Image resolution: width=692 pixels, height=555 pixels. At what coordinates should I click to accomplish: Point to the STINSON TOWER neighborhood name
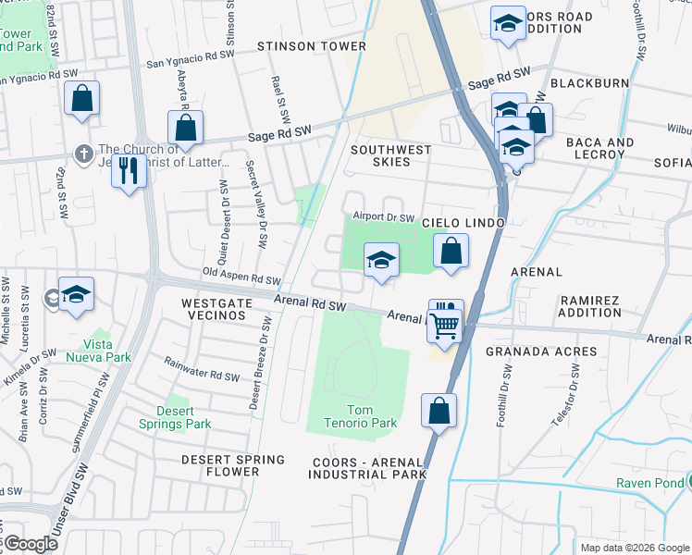coord(300,46)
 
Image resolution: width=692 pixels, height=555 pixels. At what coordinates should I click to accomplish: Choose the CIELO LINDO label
coord(463,224)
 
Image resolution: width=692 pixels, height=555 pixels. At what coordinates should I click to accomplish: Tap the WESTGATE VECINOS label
coord(214,309)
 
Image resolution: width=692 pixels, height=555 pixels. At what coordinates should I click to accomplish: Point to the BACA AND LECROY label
coord(599,148)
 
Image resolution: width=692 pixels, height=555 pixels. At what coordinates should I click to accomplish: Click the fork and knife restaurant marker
coord(129,169)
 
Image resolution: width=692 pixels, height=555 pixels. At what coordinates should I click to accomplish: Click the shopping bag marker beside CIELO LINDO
coord(451,251)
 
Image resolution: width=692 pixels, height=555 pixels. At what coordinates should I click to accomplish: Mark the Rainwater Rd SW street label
coord(202,370)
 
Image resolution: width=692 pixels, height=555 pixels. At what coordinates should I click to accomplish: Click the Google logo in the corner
coord(30,544)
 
